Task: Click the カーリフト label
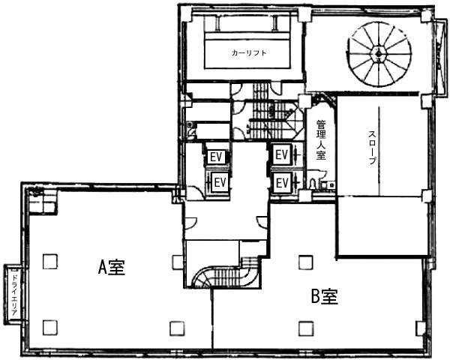pos(249,53)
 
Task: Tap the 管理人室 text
pos(321,139)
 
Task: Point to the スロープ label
pos(372,147)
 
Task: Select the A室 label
pos(112,267)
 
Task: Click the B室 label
pos(325,296)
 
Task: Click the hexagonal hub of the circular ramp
pos(379,53)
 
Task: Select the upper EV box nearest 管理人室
pos(281,155)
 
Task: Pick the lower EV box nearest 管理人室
pos(281,182)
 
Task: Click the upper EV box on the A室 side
pos(216,157)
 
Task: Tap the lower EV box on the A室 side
pos(220,181)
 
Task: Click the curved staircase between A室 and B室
pos(223,275)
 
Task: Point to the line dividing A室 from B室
pos(212,318)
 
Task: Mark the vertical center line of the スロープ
pos(379,150)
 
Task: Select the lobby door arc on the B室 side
pos(262,222)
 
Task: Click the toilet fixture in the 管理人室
pos(313,183)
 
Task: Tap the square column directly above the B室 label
pos(306,262)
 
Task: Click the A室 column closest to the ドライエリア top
pos(50,261)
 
